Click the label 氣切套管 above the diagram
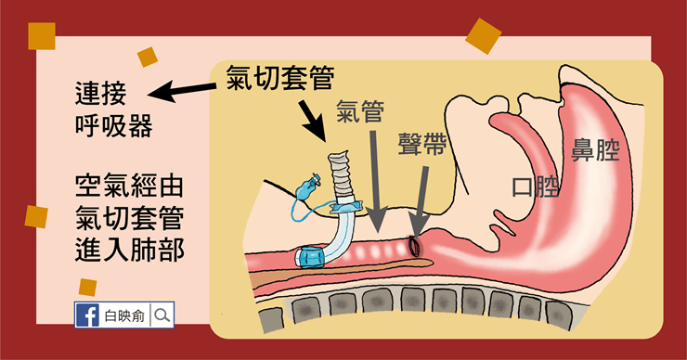(280, 78)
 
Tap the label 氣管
(360, 110)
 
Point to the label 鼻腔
(595, 150)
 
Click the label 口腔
(535, 186)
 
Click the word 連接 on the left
(101, 94)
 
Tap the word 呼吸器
(114, 126)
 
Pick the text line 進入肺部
(130, 251)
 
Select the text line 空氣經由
(129, 186)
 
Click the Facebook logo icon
(87, 315)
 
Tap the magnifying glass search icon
(162, 315)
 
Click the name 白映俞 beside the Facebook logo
(124, 315)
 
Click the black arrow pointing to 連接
(182, 91)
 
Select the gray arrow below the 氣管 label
(375, 181)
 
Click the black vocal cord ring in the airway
(414, 246)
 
